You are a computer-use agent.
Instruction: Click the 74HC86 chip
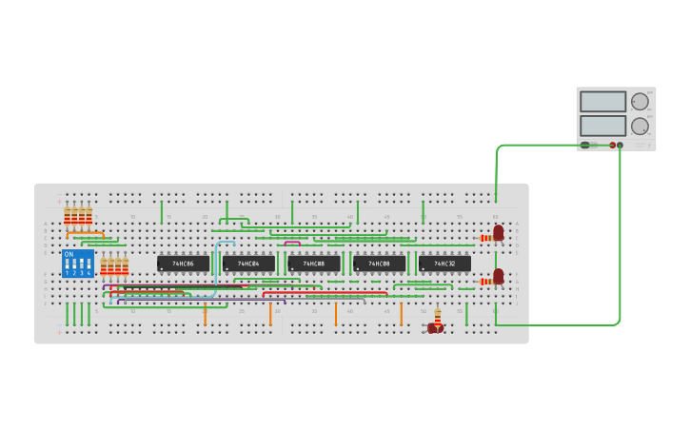(x=183, y=264)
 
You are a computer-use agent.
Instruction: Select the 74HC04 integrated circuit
(x=248, y=264)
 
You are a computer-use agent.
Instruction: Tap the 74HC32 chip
(x=444, y=264)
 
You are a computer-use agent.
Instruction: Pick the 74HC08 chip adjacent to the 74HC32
(x=379, y=264)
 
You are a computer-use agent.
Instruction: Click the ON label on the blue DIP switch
(x=69, y=254)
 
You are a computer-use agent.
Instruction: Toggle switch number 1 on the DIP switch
(x=68, y=264)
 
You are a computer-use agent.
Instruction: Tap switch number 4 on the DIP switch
(x=89, y=264)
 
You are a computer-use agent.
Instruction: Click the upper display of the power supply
(x=602, y=102)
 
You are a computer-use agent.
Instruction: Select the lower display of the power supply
(x=602, y=126)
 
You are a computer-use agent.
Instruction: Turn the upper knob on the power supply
(x=640, y=102)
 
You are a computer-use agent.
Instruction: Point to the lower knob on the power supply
(x=640, y=126)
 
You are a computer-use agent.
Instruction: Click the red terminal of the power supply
(x=612, y=146)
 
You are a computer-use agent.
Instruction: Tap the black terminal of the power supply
(x=620, y=146)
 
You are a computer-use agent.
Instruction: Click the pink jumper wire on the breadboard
(x=292, y=243)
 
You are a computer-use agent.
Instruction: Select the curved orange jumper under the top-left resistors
(x=86, y=233)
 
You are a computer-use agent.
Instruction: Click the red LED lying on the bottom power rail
(x=434, y=328)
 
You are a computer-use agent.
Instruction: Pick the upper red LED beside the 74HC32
(x=498, y=232)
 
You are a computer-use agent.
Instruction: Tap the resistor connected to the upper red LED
(x=485, y=238)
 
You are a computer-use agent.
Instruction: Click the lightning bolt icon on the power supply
(x=585, y=146)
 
